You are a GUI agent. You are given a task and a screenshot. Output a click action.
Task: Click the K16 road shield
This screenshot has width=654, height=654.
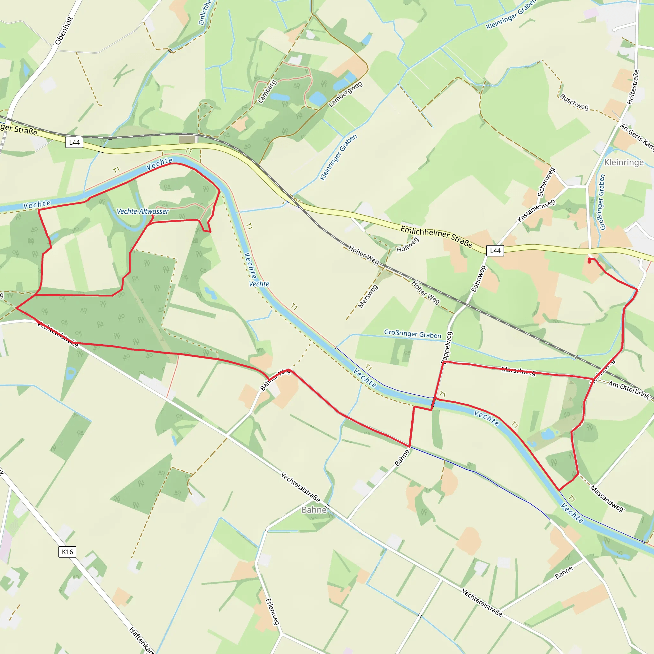point(67,552)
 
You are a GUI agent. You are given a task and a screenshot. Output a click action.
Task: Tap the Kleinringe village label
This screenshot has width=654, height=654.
point(624,163)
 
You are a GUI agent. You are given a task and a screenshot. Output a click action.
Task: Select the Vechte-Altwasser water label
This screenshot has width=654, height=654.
point(142,211)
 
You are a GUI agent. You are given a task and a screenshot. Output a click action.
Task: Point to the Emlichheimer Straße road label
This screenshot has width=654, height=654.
point(436,236)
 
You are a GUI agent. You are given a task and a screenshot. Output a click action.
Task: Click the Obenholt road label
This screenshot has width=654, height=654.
point(64,31)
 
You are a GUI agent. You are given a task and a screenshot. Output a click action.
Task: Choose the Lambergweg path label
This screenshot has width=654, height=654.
point(345,94)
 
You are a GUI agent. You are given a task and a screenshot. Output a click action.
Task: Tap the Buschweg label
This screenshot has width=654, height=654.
point(574,102)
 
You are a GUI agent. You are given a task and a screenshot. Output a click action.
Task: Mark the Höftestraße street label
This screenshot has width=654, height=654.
point(633,87)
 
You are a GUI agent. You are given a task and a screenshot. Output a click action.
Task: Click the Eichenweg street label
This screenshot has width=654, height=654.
point(546,182)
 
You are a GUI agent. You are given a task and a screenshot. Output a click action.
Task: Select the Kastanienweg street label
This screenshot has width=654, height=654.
point(536,210)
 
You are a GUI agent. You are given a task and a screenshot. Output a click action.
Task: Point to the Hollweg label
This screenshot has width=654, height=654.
point(407,245)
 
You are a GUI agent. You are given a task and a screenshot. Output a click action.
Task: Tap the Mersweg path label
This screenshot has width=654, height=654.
point(368,297)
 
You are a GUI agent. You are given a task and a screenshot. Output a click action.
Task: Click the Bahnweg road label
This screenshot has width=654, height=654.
point(479,278)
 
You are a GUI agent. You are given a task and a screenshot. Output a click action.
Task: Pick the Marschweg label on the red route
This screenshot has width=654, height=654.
point(519,371)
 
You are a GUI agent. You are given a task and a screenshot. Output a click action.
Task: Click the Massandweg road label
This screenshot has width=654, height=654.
point(607,498)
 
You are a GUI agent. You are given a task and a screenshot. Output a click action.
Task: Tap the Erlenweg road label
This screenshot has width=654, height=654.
point(272,611)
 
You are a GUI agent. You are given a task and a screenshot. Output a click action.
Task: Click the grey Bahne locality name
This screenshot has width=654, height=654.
point(314,510)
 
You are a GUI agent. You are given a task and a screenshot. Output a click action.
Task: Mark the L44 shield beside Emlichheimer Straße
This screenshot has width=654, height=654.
point(495,250)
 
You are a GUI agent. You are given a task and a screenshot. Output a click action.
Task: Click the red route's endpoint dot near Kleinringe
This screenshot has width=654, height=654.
point(589,262)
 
